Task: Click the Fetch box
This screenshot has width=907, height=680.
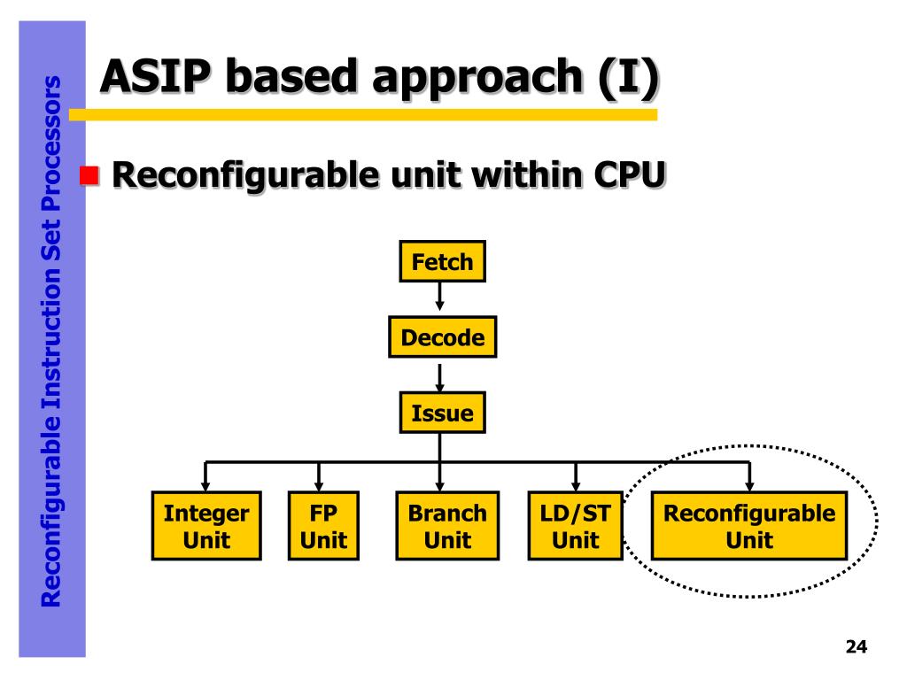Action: [443, 261]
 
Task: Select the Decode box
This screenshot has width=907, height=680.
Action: [443, 337]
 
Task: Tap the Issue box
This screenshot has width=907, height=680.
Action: [443, 413]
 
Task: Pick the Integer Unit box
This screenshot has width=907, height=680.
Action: [206, 526]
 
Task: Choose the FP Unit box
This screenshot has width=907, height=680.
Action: [323, 526]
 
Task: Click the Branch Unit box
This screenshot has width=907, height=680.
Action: [447, 526]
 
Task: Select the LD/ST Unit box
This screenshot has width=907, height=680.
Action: [576, 526]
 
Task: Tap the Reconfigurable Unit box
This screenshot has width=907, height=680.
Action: [749, 526]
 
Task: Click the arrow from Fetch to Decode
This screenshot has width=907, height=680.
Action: [440, 296]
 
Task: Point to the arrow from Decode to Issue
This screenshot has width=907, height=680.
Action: [440, 378]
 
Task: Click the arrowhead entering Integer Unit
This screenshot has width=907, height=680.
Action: [205, 486]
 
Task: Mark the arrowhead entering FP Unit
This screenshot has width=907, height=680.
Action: [319, 486]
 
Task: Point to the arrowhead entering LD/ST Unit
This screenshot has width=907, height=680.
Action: [576, 486]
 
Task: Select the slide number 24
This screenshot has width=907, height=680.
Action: [857, 646]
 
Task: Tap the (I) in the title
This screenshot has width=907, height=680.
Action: [628, 78]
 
